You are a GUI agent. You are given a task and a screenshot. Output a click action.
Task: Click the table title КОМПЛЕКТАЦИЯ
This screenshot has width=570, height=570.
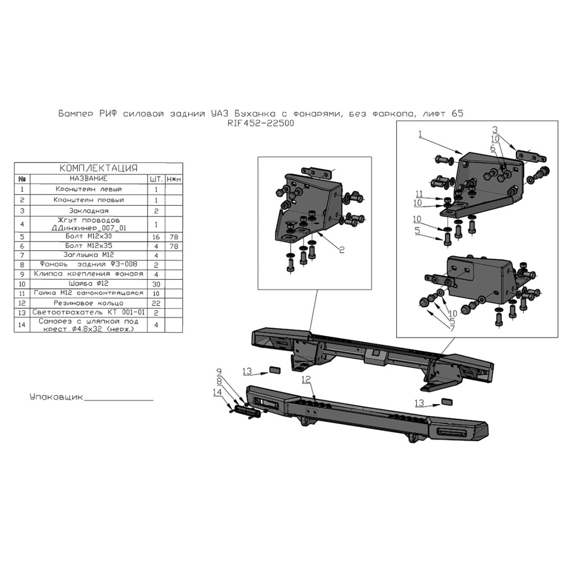coord(99,168)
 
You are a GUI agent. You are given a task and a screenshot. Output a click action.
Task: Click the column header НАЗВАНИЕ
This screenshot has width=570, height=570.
coord(89,178)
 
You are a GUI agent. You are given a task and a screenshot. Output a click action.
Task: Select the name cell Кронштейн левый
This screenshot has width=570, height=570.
coord(89,189)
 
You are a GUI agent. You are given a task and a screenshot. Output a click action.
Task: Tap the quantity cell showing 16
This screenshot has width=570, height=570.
coord(156,237)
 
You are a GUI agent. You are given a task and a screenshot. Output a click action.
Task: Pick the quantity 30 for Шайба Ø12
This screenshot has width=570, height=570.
coord(156,284)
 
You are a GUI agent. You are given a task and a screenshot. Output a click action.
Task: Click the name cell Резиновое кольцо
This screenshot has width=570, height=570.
coord(89,303)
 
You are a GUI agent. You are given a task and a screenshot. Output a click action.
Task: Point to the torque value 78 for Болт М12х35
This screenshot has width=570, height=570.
coord(174,246)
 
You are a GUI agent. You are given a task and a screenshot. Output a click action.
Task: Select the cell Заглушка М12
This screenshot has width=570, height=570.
coord(89,255)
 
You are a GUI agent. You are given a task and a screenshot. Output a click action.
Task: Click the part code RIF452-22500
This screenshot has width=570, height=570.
coord(260,123)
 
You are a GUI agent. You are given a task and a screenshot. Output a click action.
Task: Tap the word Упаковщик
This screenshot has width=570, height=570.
coord(56,397)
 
